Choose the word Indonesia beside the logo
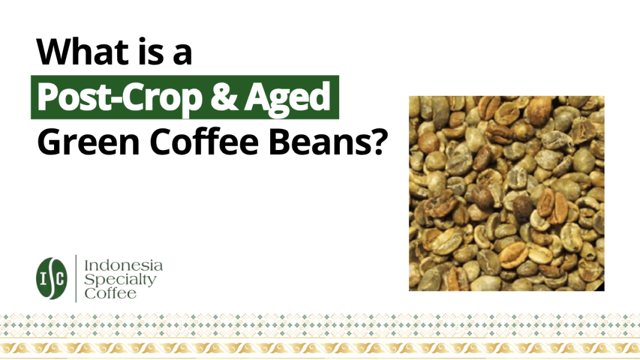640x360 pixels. pos(123,265)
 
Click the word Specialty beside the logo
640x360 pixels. pos(120,280)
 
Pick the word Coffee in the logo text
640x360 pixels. pos(110,293)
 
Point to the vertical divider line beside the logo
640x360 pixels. pos(76,278)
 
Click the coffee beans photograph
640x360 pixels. pos(506,193)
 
